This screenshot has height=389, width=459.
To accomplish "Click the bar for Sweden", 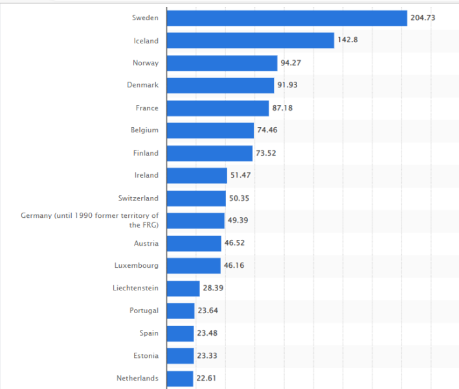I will tap(287, 18).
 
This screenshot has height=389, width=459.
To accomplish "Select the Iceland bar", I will tap(250, 41).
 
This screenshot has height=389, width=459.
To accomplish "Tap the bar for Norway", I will tap(222, 63).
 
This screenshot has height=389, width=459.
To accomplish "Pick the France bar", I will tap(218, 108).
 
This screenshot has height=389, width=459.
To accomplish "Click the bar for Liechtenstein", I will tap(183, 288).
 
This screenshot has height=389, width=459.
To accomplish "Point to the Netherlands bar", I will tap(180, 378).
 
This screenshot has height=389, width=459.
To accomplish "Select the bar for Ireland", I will tap(197, 176).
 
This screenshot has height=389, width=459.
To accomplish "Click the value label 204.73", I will tap(423, 18).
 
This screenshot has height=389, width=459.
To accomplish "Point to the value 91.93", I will tap(287, 86).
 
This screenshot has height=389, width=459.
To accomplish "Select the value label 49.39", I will tap(238, 220).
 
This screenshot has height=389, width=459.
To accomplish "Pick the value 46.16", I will tap(234, 265).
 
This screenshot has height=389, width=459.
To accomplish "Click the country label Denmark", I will tap(142, 85).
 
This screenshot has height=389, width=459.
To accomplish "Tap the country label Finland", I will tap(145, 153).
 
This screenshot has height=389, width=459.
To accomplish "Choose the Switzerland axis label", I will tap(138, 198).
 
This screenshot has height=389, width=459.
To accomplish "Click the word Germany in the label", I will tap(36, 215).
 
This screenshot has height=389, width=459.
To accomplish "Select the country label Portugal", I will tap(144, 311).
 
